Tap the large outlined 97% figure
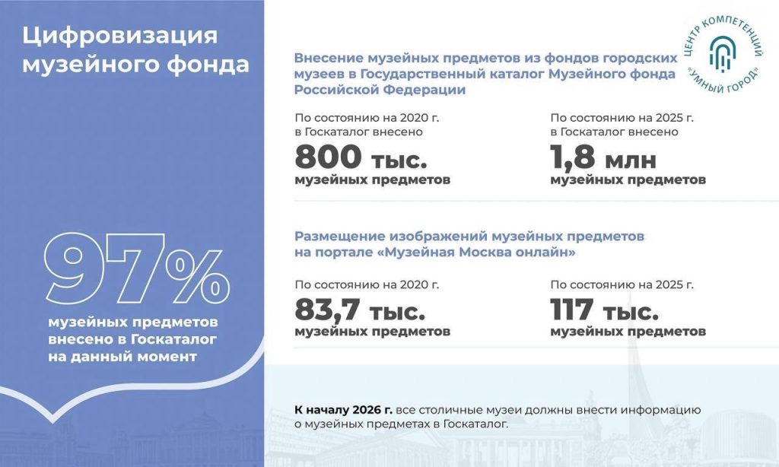pos(137,268)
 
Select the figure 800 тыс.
pos(361,157)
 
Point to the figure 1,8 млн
pos(603,157)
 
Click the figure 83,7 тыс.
pos(360,310)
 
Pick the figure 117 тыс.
pos(604,310)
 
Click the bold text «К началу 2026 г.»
pos(343,411)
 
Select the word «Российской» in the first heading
pos(336,90)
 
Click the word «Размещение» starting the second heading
pos(339,237)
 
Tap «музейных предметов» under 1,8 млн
pos(628,179)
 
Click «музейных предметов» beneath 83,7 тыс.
pos(373,332)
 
